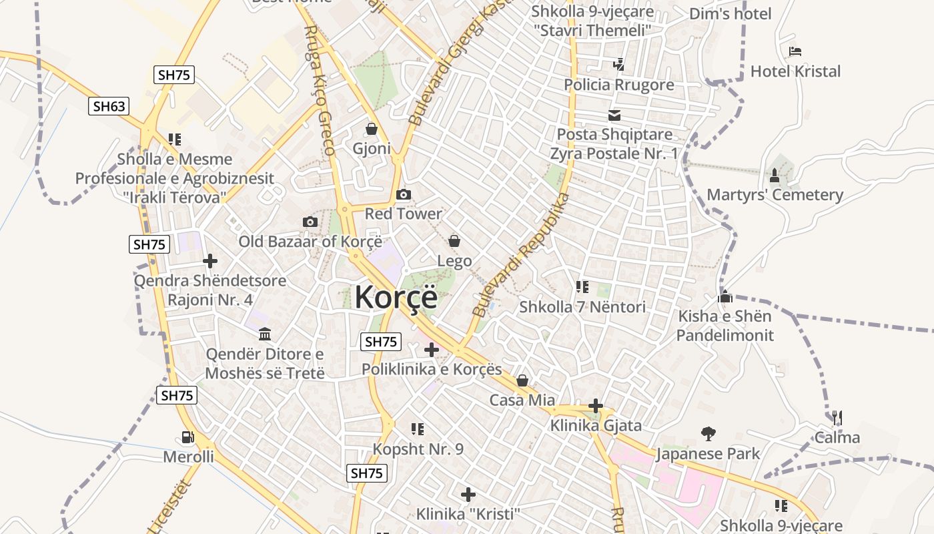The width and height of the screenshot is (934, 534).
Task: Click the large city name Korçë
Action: pyautogui.click(x=396, y=296)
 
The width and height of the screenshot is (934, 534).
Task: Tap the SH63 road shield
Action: pyautogui.click(x=109, y=105)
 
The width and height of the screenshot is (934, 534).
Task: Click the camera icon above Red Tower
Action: pyautogui.click(x=404, y=195)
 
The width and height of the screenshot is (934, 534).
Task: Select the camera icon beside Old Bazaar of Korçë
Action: pyautogui.click(x=310, y=222)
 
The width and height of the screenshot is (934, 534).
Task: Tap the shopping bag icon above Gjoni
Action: pyautogui.click(x=372, y=129)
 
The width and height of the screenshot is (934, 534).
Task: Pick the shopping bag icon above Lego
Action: pyautogui.click(x=454, y=241)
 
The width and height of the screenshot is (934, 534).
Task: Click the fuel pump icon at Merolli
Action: pyautogui.click(x=188, y=438)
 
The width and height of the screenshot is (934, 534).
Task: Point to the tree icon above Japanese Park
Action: pyautogui.click(x=708, y=434)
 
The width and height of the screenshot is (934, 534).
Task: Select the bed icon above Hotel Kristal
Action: pyautogui.click(x=795, y=51)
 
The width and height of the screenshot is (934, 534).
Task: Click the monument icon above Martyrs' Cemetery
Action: pyautogui.click(x=775, y=176)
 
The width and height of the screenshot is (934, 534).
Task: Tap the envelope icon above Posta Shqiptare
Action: pyautogui.click(x=614, y=115)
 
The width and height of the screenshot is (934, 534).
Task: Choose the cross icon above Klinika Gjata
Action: pyautogui.click(x=596, y=406)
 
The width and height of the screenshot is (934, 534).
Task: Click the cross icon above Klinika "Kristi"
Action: pyautogui.click(x=468, y=495)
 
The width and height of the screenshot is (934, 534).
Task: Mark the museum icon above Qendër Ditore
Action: pyautogui.click(x=265, y=334)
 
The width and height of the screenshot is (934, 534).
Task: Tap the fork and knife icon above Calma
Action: pyautogui.click(x=837, y=418)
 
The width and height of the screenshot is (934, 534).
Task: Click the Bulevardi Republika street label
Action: pyautogui.click(x=521, y=256)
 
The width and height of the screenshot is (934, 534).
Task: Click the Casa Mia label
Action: pyautogui.click(x=522, y=400)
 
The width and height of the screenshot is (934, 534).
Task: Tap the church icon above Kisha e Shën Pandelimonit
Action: pyautogui.click(x=725, y=297)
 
